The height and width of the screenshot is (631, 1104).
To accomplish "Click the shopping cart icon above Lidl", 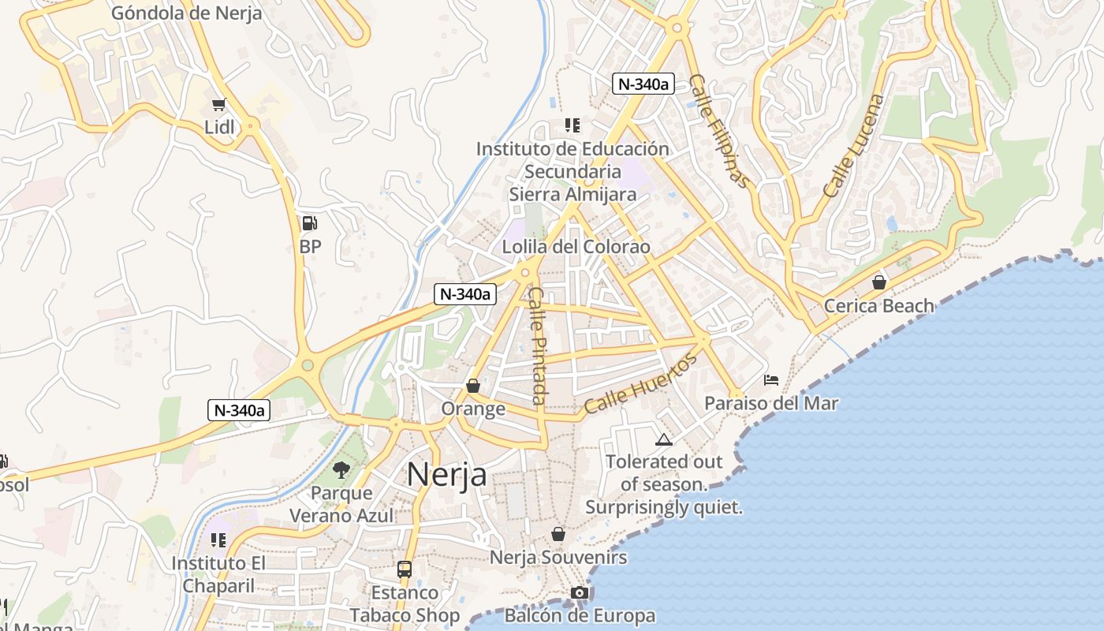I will point(219,104).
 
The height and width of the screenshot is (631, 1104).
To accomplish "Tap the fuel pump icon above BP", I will point(310,223).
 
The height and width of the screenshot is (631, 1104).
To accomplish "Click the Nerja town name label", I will point(446,475).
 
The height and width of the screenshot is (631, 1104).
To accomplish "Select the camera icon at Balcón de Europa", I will point(580,592).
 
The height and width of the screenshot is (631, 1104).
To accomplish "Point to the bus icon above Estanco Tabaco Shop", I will point(405,569).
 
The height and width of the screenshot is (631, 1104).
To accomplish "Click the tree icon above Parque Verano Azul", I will point(341,470).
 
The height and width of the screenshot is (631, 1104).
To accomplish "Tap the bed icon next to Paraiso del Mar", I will point(771,380).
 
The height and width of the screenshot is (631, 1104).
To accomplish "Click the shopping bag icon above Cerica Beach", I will point(879,282).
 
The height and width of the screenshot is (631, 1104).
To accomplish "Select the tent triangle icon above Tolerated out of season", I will point(663,439).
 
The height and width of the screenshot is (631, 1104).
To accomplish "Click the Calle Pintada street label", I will point(538,345).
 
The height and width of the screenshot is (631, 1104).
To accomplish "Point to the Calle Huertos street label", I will point(641,383).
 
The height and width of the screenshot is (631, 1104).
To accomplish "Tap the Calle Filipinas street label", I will point(718,131).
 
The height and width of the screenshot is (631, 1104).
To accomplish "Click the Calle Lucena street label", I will point(854,146).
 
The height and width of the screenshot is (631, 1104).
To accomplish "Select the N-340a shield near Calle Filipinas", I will point(643,84).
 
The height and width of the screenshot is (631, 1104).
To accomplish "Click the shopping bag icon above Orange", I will point(473,386).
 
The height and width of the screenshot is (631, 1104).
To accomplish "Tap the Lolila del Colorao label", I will point(576,247).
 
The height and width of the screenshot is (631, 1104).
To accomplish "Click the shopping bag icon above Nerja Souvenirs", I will point(558,534).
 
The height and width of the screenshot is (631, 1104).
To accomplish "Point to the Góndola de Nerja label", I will point(186,13).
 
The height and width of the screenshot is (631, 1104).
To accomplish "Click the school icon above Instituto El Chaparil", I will point(218,540).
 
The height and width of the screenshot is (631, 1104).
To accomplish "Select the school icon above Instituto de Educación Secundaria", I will point(573,125).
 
